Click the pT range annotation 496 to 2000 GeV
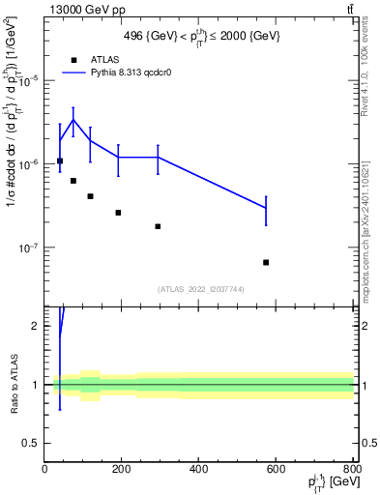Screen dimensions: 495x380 point(203,35)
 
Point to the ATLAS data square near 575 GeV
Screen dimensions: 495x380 point(266,262)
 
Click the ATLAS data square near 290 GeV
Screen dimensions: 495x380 point(158,226)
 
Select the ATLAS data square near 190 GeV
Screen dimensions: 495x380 point(118,213)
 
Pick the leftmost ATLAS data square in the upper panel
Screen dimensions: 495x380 point(60,160)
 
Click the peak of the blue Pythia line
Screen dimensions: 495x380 point(73,120)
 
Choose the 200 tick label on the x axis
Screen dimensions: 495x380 point(121,471)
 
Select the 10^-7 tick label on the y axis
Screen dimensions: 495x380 point(29,248)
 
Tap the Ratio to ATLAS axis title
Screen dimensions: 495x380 point(15,384)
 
